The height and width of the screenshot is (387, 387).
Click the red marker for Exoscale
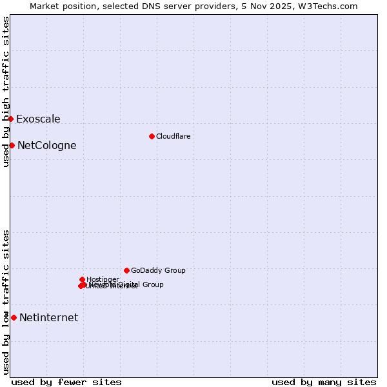click(x=11, y=119)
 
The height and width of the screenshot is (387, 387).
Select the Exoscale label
click(x=38, y=119)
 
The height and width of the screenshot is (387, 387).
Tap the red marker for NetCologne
click(x=12, y=145)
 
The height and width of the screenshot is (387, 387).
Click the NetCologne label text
click(x=46, y=145)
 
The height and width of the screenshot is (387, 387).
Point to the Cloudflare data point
click(x=152, y=136)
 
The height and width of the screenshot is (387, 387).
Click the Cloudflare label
click(x=173, y=136)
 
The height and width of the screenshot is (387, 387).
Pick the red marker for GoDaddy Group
click(x=126, y=270)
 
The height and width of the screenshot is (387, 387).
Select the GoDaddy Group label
click(x=158, y=270)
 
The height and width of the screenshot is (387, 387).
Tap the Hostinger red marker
click(x=82, y=279)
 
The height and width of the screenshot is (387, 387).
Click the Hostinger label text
click(x=103, y=279)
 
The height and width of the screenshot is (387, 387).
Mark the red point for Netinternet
click(x=14, y=317)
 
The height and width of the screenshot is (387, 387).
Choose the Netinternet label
click(x=48, y=317)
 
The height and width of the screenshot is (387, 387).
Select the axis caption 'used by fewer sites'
click(x=66, y=382)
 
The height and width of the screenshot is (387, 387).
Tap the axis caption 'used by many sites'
click(x=324, y=382)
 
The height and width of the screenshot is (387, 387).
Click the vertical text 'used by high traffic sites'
click(x=6, y=92)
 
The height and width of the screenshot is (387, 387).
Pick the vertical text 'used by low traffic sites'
click(x=6, y=302)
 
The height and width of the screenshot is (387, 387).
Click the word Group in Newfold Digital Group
click(x=153, y=284)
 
